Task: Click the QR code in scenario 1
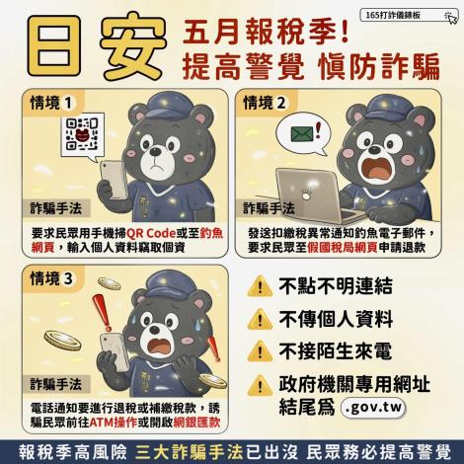(x=82, y=134)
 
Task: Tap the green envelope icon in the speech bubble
(x=302, y=133)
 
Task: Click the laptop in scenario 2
(x=317, y=195)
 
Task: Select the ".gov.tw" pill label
(x=373, y=408)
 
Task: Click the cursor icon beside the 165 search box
(x=451, y=17)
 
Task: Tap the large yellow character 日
(x=54, y=45)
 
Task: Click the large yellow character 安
(x=132, y=45)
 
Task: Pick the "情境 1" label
(x=51, y=103)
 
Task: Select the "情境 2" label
(x=265, y=103)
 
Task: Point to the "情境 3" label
(x=51, y=278)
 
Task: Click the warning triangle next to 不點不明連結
(x=260, y=285)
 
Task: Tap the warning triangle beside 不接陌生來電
(x=260, y=350)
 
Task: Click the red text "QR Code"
(x=151, y=233)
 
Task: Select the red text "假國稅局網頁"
(x=343, y=248)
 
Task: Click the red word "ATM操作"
(x=113, y=423)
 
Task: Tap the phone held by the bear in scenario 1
(x=114, y=180)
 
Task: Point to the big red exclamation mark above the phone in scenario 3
(x=102, y=312)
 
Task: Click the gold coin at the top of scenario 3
(x=110, y=283)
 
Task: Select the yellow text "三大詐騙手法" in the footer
(x=190, y=452)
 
